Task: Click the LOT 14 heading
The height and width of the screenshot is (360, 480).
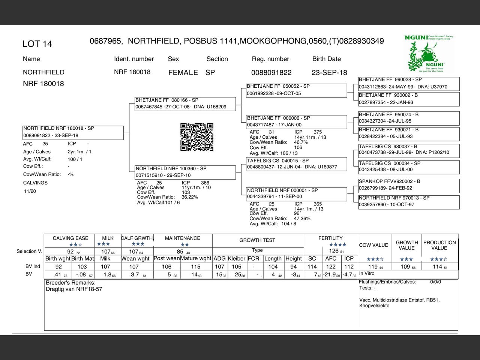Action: (37, 44)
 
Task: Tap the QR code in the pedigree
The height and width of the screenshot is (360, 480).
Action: (197, 137)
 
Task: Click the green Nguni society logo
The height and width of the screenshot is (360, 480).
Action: (429, 53)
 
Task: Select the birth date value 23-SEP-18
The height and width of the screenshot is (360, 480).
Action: (329, 72)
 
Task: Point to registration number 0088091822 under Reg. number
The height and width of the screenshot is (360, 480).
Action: (271, 73)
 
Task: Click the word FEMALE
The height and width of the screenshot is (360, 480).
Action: (183, 72)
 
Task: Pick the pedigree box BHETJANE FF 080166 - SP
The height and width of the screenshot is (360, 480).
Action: (185, 103)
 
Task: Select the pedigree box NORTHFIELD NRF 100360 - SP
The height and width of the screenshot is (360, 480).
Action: (185, 172)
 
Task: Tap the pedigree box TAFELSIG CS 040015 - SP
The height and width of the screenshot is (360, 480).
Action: (296, 163)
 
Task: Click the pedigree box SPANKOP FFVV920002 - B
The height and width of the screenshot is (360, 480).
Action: (409, 185)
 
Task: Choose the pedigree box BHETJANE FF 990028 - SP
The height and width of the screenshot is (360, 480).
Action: (409, 83)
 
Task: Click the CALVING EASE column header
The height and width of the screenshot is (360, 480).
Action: (70, 238)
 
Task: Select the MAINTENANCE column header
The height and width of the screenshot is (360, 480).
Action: (183, 238)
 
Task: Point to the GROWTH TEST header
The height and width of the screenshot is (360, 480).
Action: (257, 240)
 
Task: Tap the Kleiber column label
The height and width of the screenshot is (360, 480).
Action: (237, 259)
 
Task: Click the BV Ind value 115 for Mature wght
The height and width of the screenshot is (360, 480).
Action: (196, 267)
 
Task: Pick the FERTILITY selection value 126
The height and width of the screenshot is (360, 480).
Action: (334, 251)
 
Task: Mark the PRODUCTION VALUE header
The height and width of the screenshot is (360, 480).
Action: (439, 245)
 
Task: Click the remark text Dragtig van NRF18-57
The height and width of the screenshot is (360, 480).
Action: (74, 289)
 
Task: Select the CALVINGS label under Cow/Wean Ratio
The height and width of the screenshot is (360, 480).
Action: (35, 183)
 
